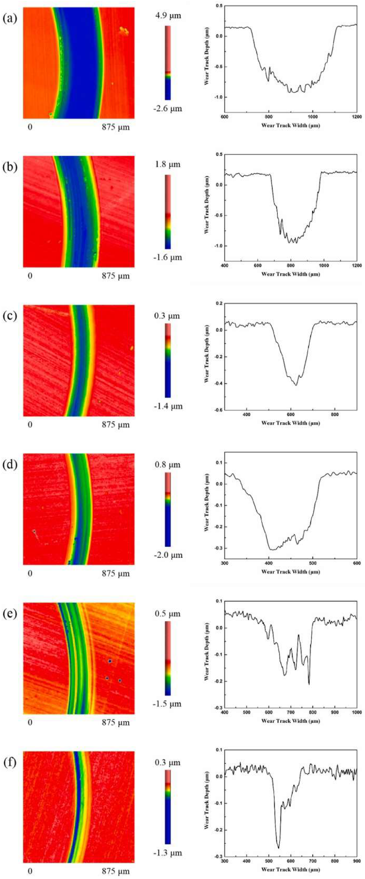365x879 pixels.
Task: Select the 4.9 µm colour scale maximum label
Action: point(167,16)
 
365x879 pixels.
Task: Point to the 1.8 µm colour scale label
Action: point(167,165)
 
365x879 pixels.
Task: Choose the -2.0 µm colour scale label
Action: point(167,555)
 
